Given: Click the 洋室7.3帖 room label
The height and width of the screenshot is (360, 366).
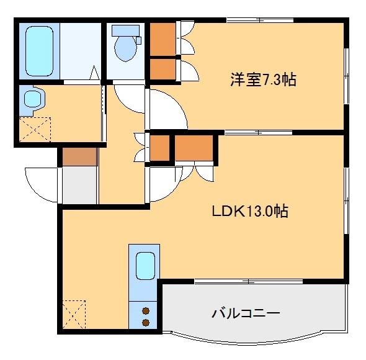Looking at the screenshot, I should click(x=262, y=79).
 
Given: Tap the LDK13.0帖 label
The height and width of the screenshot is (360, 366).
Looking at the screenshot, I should click(x=249, y=211).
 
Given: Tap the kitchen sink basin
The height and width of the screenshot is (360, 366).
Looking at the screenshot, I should click(x=146, y=268).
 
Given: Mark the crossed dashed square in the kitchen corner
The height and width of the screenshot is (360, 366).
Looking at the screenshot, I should click(x=74, y=315).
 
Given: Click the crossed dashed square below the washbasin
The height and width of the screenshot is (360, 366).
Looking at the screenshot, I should click(x=34, y=128).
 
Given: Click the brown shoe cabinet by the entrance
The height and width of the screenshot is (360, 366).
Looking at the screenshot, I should click(x=79, y=157).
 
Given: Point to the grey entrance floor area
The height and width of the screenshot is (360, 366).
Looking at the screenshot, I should click(x=80, y=184).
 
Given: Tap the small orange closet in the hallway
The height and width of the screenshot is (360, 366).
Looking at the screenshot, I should click(x=160, y=148).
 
